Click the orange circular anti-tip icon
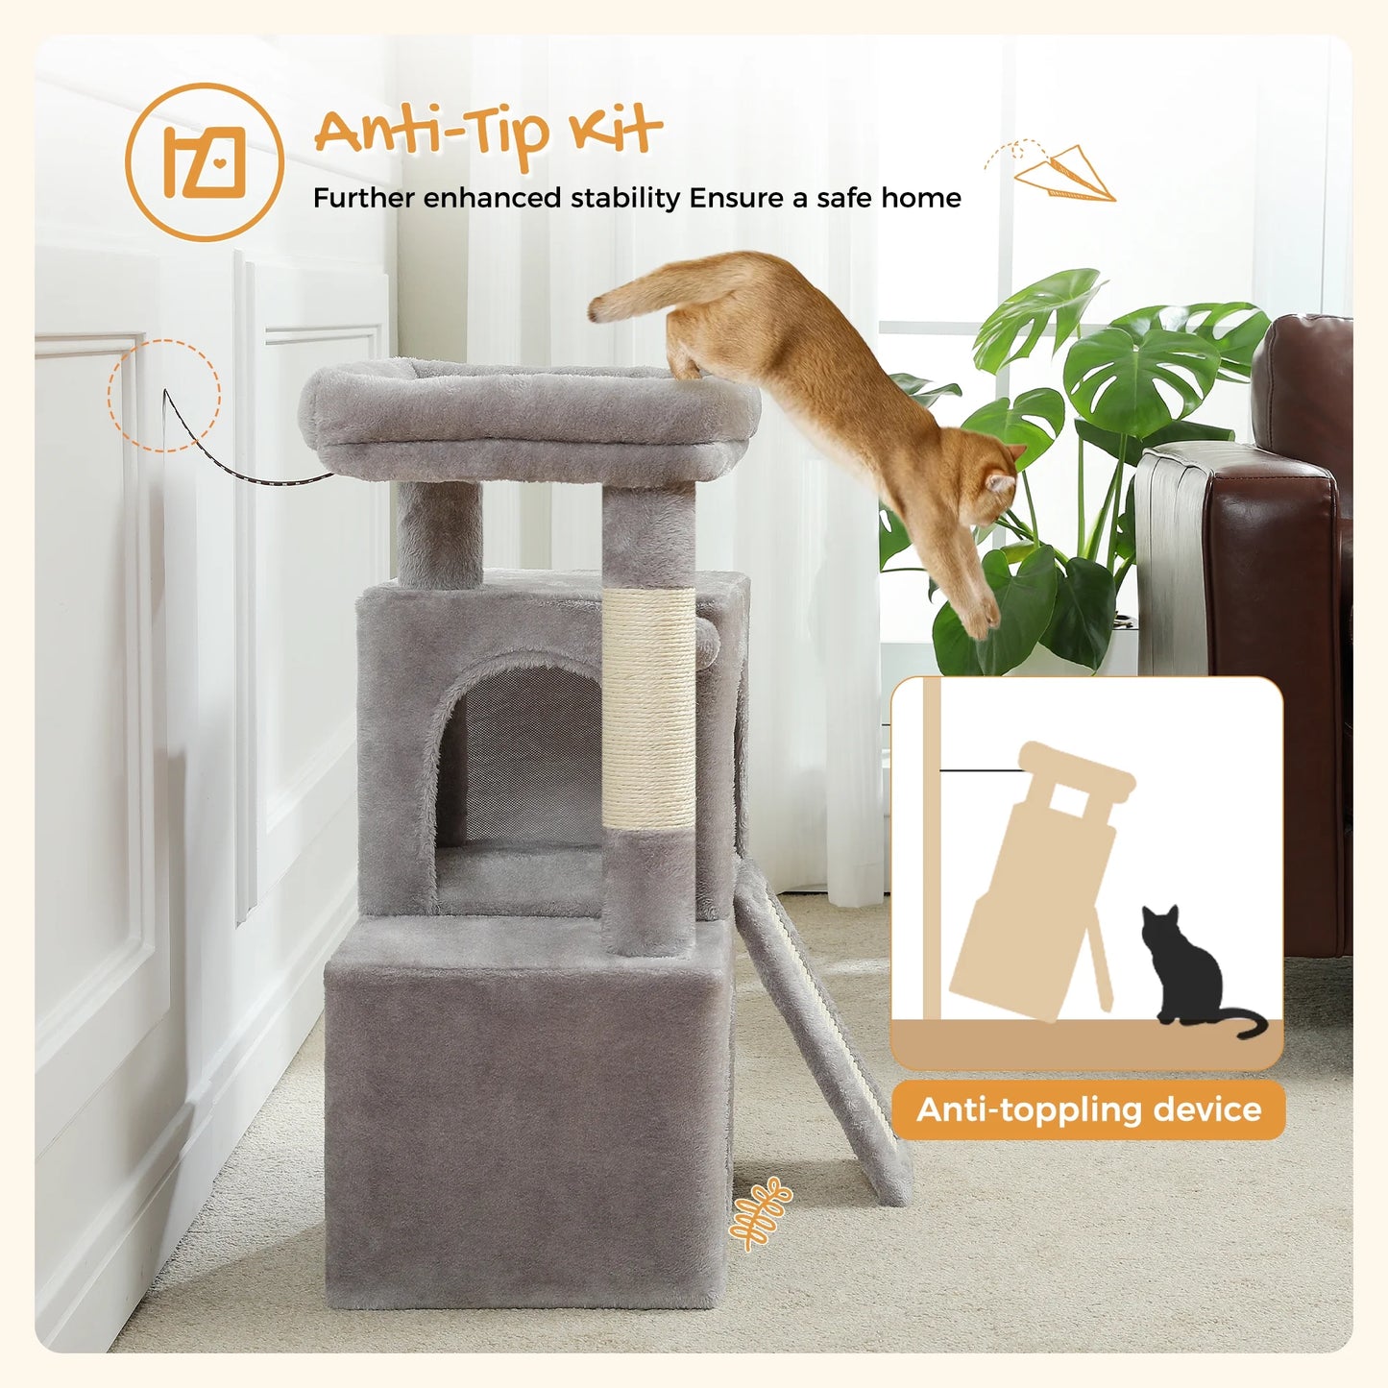(205, 161)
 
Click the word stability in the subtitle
(625, 198)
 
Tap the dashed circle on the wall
(164, 395)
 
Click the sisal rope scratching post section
(649, 708)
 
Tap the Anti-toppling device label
(1088, 1109)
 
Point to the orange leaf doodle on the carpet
(760, 1213)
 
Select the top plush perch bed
(528, 418)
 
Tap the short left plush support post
(439, 533)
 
